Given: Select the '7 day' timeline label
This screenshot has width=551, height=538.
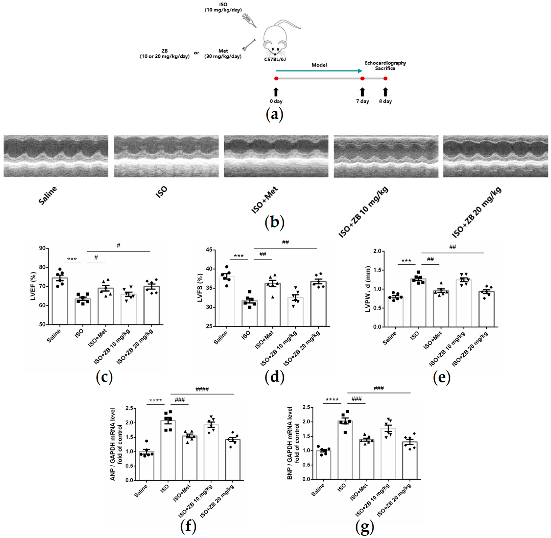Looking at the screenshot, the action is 362,101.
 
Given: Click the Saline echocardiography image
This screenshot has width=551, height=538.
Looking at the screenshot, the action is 56,156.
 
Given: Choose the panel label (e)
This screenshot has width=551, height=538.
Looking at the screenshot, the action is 442,377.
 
